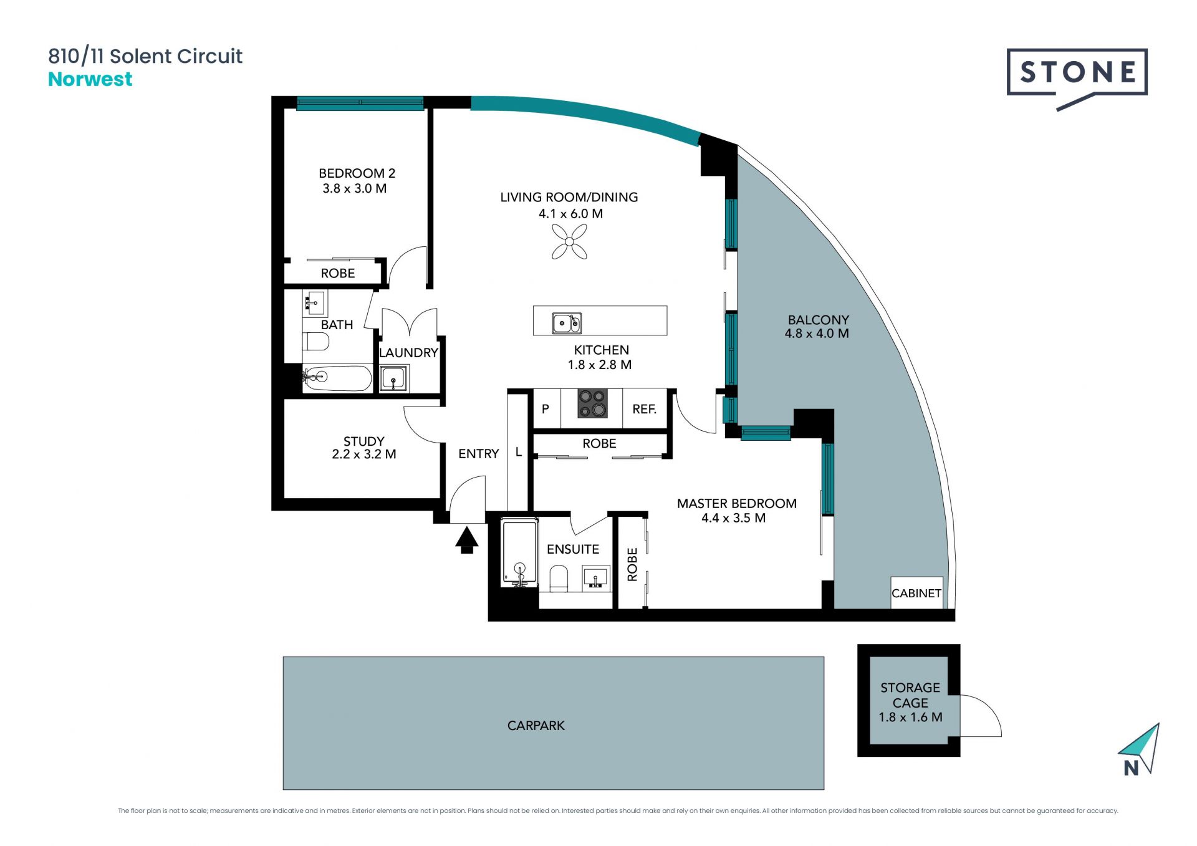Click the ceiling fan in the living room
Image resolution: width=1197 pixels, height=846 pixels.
tap(569, 242)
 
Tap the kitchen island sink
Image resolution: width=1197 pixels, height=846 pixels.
tap(567, 323)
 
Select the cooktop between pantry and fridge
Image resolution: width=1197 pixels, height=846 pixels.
tap(592, 403)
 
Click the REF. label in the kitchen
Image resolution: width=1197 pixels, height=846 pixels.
tap(645, 409)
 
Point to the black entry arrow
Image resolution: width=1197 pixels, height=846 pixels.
tap(466, 540)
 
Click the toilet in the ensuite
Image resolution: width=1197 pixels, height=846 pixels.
tap(559, 578)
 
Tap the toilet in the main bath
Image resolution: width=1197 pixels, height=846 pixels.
tap(315, 342)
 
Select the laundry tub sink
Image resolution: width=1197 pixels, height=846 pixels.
tap(394, 378)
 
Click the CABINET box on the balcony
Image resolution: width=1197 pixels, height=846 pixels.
tap(916, 592)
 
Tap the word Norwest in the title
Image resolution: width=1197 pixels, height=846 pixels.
tap(90, 79)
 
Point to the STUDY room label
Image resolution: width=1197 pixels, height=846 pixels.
tap(364, 441)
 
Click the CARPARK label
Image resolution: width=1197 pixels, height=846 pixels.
tap(536, 725)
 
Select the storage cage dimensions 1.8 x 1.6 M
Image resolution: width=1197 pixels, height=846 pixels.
tap(910, 717)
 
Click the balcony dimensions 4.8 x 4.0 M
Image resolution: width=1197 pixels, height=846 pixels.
tap(817, 334)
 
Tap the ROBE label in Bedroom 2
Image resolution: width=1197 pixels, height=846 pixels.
tap(338, 273)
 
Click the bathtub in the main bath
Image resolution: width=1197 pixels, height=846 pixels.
tap(337, 378)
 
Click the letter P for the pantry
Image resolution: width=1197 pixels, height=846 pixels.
tap(546, 409)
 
